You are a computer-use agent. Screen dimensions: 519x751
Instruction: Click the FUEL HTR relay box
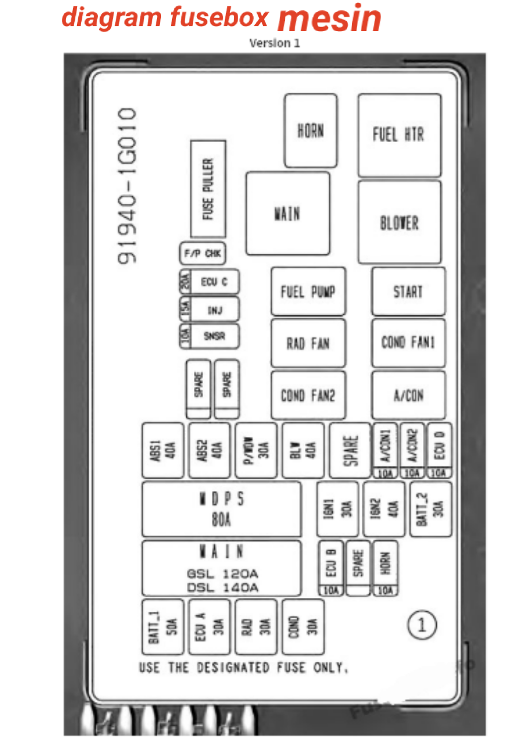click(399, 135)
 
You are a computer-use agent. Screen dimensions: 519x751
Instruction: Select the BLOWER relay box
click(399, 222)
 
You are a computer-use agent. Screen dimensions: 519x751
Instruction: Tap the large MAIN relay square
click(288, 214)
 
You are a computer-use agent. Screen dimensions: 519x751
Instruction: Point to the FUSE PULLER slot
click(208, 189)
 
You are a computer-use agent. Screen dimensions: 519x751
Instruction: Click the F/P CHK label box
click(202, 253)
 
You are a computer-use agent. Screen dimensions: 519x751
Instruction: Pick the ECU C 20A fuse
click(209, 282)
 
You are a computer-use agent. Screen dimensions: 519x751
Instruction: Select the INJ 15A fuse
click(209, 310)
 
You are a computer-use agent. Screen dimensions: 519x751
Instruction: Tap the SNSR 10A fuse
click(209, 337)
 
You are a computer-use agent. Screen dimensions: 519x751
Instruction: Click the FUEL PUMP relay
click(308, 291)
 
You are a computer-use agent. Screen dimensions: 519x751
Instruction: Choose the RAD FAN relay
click(308, 343)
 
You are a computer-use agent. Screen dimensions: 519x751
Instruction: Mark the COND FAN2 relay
click(308, 395)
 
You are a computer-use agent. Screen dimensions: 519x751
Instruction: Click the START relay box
click(408, 291)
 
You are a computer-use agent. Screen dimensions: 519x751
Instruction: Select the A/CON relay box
click(408, 395)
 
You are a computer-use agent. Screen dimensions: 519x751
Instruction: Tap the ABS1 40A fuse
click(163, 450)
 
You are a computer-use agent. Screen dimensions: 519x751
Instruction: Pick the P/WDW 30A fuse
click(256, 450)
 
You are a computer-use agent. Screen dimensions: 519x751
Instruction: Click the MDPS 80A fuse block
click(222, 509)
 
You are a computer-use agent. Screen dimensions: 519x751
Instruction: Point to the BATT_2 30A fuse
click(430, 509)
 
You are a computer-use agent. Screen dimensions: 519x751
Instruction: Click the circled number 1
click(422, 624)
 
